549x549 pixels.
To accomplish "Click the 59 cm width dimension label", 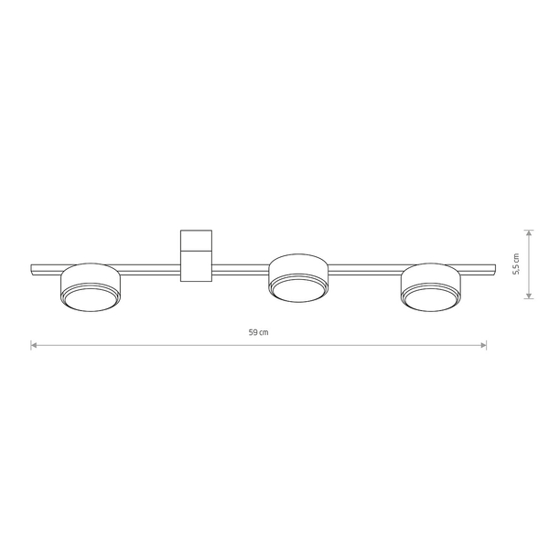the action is tap(259, 332).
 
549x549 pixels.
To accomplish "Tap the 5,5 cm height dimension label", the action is tap(516, 264).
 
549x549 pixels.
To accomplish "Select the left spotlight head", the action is tap(91, 287).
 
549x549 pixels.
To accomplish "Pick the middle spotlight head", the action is tap(298, 278).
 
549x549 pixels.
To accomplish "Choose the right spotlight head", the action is tap(431, 287).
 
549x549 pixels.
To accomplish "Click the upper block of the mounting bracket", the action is tap(196, 240).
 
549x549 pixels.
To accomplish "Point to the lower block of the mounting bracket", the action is tap(196, 266).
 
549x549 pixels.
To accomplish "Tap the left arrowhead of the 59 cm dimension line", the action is tap(34, 346).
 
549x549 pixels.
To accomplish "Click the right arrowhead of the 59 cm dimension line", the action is tap(483, 346).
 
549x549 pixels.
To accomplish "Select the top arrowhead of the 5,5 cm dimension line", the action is tap(529, 233).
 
